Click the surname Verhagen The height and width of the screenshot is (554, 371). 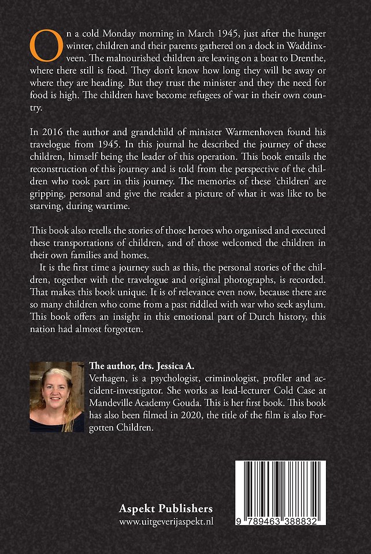point(107,378)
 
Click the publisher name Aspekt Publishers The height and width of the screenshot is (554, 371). point(165,508)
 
